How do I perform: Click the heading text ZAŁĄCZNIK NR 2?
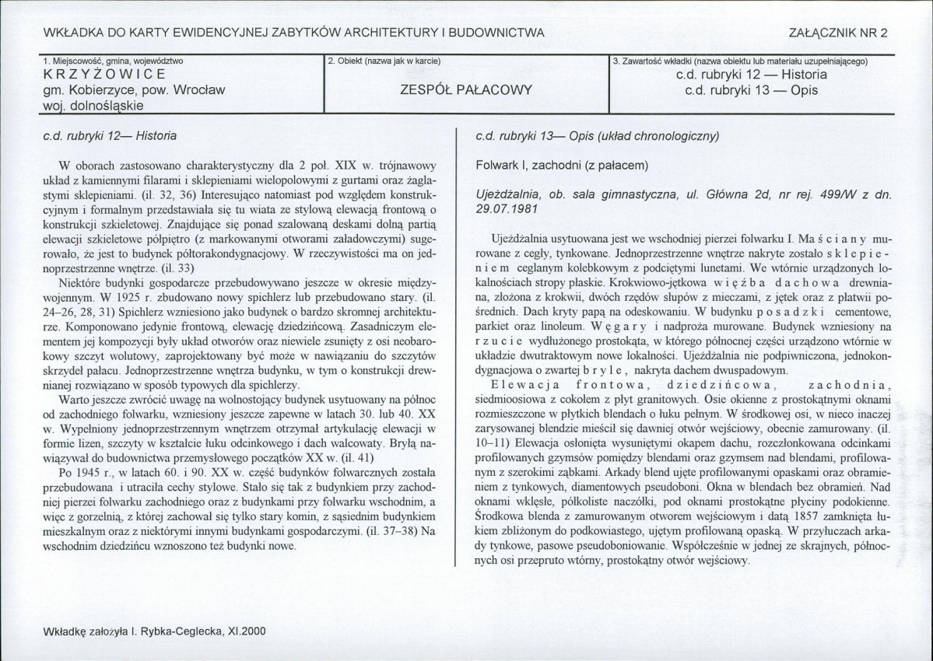pyautogui.click(x=838, y=32)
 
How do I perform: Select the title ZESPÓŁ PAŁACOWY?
pyautogui.click(x=465, y=89)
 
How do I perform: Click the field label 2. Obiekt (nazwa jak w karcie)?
pyautogui.click(x=384, y=61)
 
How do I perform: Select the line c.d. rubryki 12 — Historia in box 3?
pyautogui.click(x=752, y=75)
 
